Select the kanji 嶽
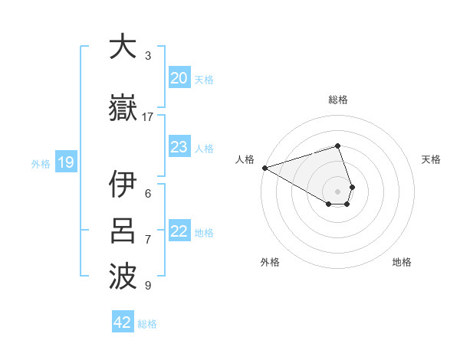coord(123,110)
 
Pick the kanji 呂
coord(123,230)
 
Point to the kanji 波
coord(123,277)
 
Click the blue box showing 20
coord(179,78)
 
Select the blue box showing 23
coord(179,147)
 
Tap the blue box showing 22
coord(179,231)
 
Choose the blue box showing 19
coord(65,162)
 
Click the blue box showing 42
coord(123,322)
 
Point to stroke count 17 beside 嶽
coord(148,116)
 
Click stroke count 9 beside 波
coord(148,286)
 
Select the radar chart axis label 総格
coord(337,100)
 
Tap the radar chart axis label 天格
coord(431,159)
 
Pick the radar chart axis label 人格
coord(245,159)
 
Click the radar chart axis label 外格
coord(270,262)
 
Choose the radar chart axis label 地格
coord(402,262)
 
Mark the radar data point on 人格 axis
coord(264,168)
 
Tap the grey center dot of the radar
coord(337,191)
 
